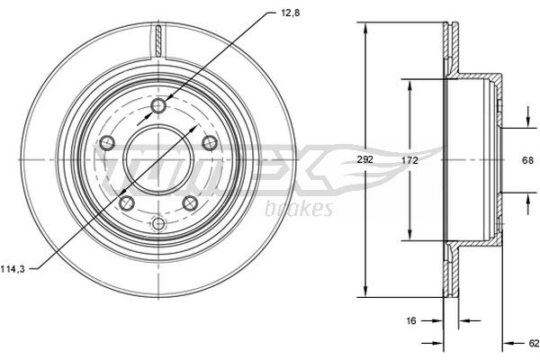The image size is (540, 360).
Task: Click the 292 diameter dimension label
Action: pos(364,160)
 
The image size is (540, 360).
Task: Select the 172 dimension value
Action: pos(409,160)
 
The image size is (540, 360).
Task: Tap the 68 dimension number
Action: pos(528,160)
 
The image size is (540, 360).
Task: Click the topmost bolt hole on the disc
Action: pos(159,108)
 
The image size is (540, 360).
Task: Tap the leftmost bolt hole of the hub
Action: pos(107,142)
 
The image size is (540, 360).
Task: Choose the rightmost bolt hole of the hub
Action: pos(211,142)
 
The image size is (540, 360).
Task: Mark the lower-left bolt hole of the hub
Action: pos(127,203)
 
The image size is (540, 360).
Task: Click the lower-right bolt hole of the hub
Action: pos(190,203)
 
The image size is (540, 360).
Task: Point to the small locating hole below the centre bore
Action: pos(158,223)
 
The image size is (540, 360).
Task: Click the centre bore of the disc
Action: pos(158,160)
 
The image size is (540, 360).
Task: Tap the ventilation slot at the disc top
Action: pos(158,40)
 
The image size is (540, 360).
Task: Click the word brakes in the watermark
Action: pos(299,209)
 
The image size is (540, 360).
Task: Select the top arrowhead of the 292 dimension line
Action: pos(364,28)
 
